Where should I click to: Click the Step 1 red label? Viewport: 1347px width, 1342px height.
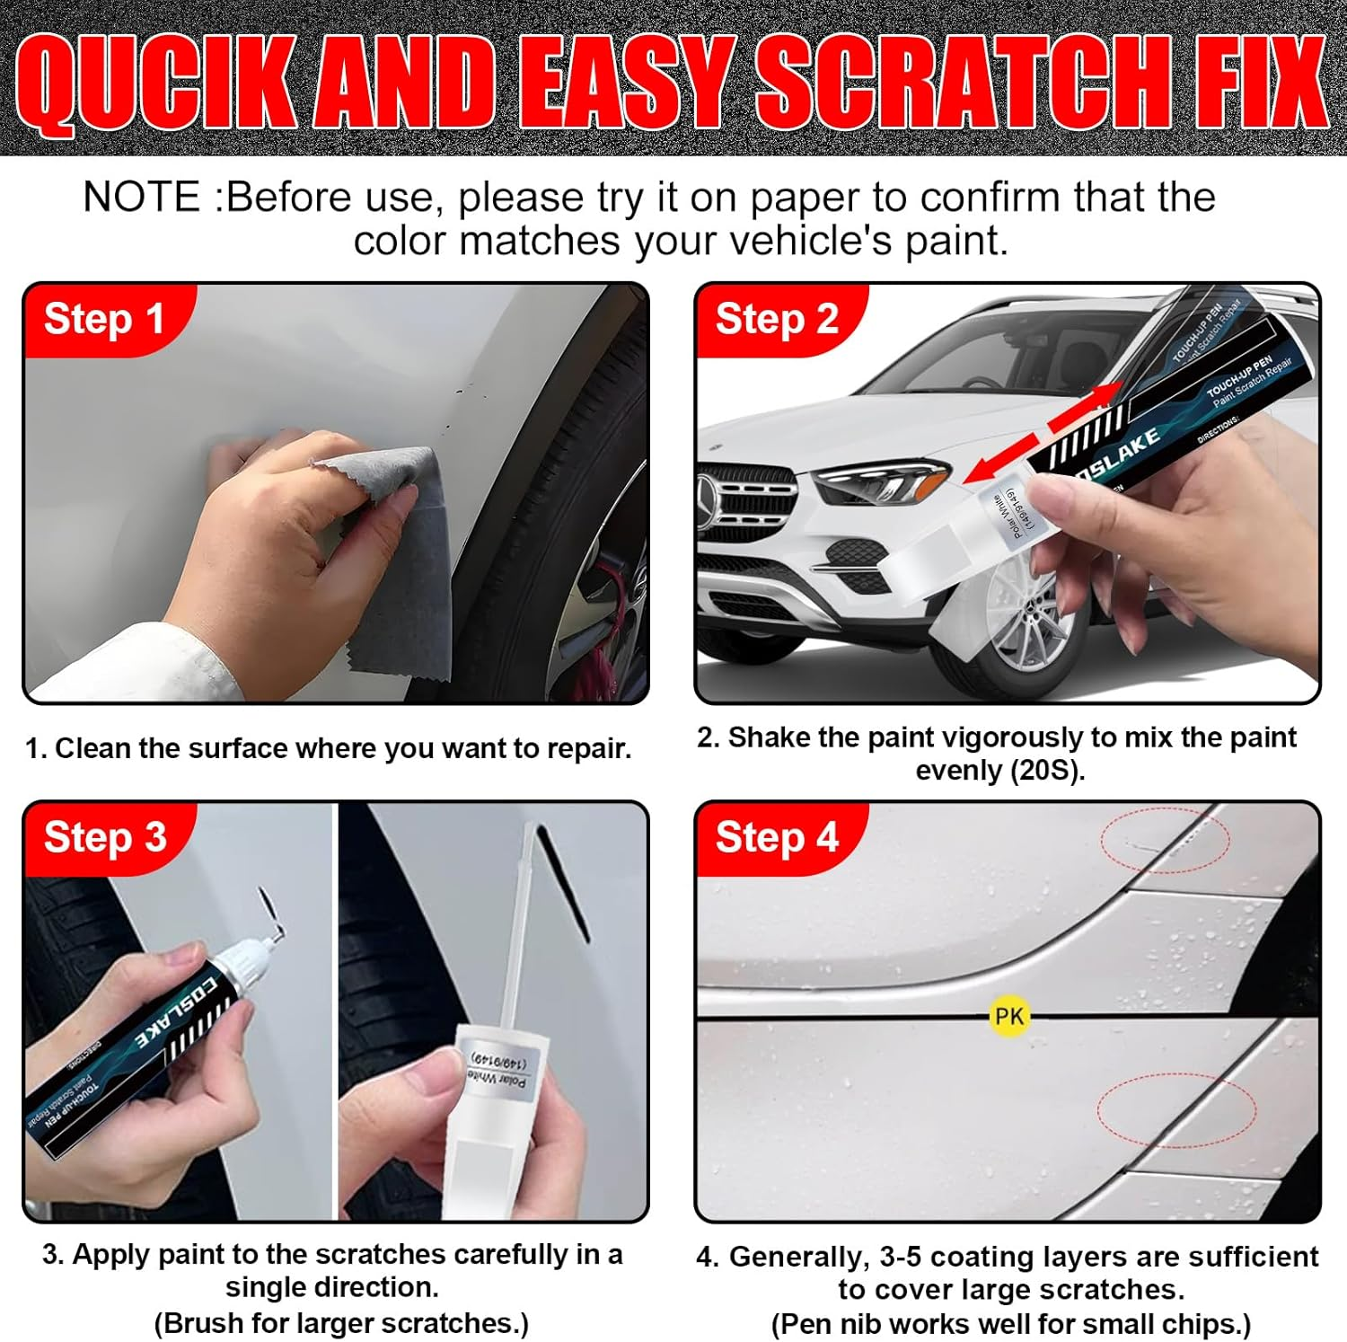[103, 319]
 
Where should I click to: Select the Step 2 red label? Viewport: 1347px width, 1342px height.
[777, 319]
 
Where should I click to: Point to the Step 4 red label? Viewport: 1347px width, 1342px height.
[777, 837]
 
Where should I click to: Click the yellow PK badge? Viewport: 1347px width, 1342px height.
[1008, 1016]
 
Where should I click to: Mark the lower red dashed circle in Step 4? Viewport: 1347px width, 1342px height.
[1176, 1109]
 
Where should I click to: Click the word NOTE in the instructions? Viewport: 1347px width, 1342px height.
[141, 198]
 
